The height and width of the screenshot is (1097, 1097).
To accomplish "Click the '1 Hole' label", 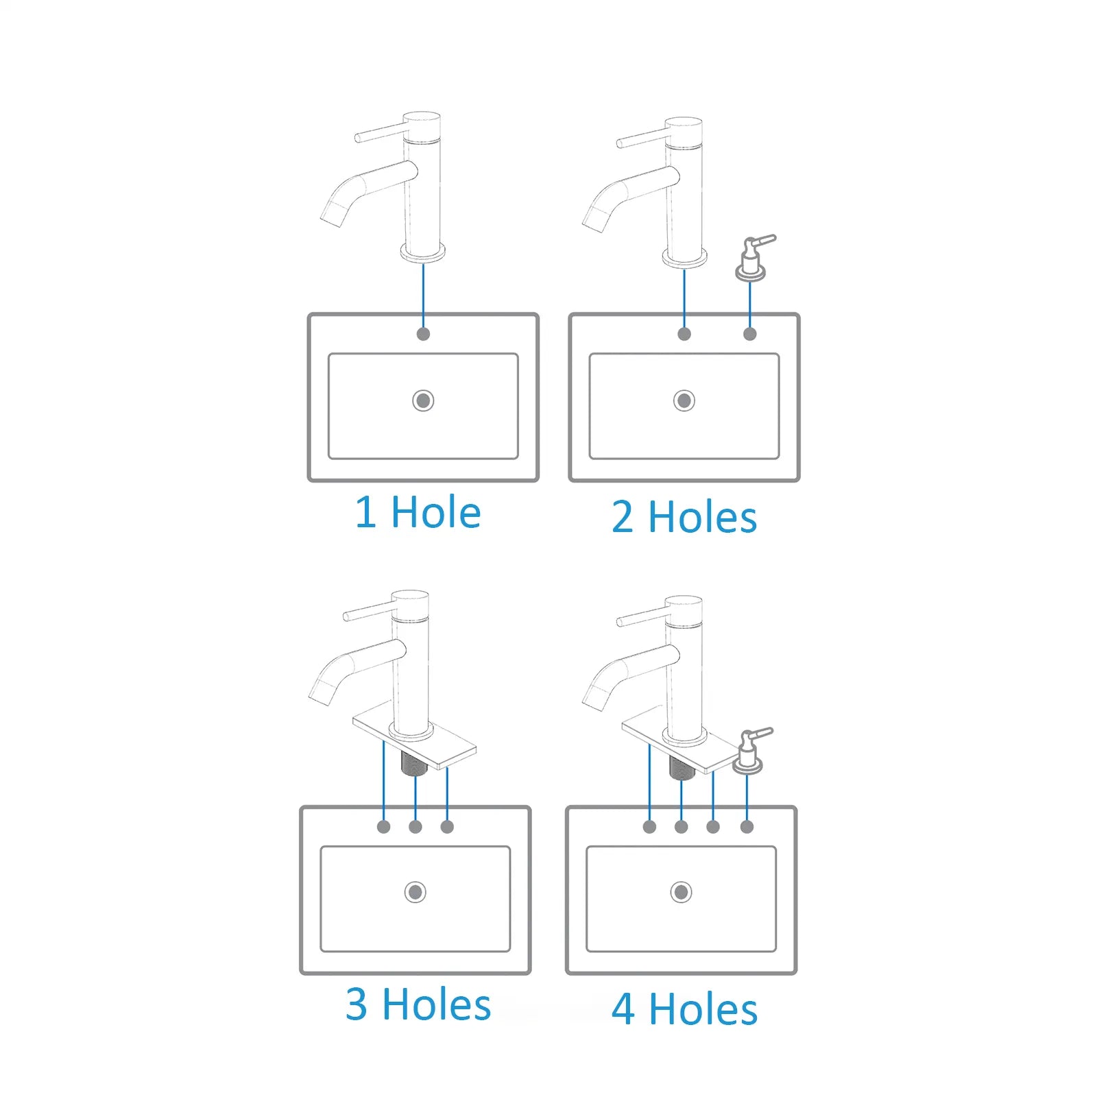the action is [418, 512].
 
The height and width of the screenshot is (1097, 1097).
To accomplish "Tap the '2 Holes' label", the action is [684, 517].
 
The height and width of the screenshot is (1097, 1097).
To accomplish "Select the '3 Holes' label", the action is [418, 1004].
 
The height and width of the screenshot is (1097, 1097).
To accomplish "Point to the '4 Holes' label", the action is [684, 1009].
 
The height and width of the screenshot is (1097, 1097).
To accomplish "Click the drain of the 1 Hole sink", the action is [423, 400].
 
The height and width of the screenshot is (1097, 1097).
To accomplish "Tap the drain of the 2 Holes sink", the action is [684, 400].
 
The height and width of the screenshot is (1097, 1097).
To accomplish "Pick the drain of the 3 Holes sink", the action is [415, 892].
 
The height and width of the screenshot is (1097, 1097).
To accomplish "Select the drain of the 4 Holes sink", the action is [681, 892].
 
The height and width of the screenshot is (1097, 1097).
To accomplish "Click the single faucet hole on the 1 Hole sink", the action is [423, 334].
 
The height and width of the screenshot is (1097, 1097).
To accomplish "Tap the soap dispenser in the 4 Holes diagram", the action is [749, 751].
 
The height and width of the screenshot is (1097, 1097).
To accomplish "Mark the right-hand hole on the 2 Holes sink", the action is [750, 334].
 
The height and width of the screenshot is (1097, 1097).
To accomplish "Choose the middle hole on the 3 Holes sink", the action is [415, 827].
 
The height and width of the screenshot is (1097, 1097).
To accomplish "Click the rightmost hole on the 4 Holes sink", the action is [747, 827].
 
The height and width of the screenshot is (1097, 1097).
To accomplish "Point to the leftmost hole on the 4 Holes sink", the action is [649, 827].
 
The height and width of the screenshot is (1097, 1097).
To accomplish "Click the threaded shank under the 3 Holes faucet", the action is [414, 762].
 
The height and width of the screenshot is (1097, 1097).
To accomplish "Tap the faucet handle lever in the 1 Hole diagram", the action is [379, 133].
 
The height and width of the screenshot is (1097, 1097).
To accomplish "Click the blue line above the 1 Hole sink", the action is [423, 296].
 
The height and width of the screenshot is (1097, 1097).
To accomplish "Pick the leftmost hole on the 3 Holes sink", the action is [384, 827].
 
